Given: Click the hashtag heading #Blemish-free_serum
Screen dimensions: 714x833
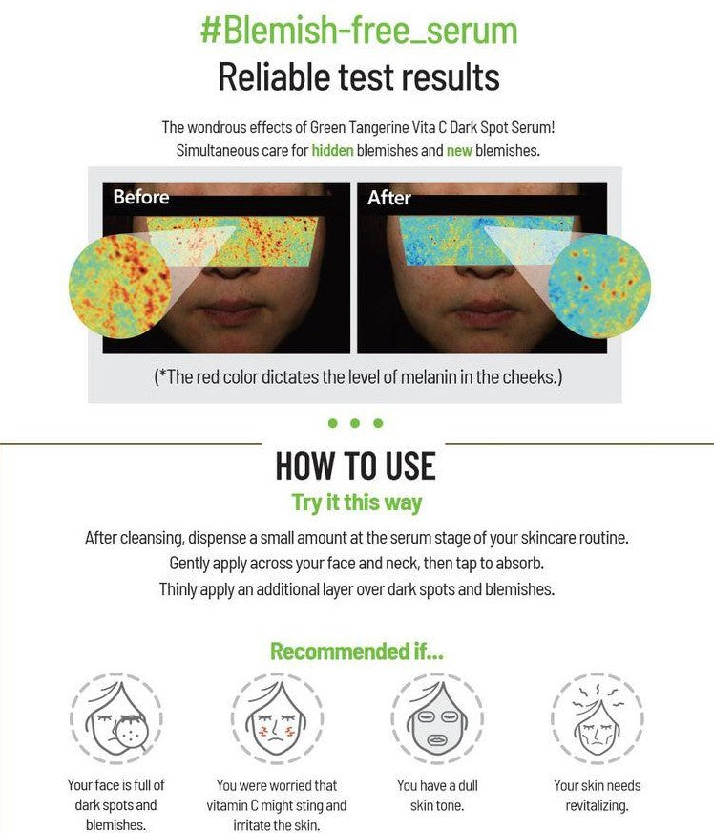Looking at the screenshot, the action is [x=359, y=31].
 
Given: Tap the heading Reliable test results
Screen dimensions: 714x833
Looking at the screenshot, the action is [x=359, y=77].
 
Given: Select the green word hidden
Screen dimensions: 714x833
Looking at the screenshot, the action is [x=332, y=150].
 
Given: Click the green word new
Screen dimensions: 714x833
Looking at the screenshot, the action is [x=459, y=151].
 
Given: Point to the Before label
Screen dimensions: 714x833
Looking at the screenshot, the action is [x=141, y=197].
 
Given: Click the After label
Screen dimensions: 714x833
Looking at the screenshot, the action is [x=389, y=198].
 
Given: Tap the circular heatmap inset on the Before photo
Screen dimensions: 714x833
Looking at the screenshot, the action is [x=120, y=287].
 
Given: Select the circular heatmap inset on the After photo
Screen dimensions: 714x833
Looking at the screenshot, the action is [x=599, y=286].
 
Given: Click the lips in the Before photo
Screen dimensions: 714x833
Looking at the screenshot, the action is [x=230, y=311].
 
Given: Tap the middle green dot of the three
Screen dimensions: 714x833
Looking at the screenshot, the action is [x=355, y=423].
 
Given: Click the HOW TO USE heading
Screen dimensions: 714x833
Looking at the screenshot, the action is [x=356, y=465].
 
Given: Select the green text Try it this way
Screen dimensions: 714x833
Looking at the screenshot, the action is [x=357, y=502].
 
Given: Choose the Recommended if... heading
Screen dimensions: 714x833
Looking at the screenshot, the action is [x=357, y=651].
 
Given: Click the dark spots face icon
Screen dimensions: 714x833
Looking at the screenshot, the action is [x=116, y=718].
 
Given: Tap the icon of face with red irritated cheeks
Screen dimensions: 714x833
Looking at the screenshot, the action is [x=277, y=718].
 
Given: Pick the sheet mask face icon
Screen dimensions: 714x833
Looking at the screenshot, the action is [x=437, y=718].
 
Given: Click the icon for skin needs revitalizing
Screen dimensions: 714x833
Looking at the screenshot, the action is [x=598, y=718].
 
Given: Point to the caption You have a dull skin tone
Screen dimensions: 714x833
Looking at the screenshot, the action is [x=437, y=796].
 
